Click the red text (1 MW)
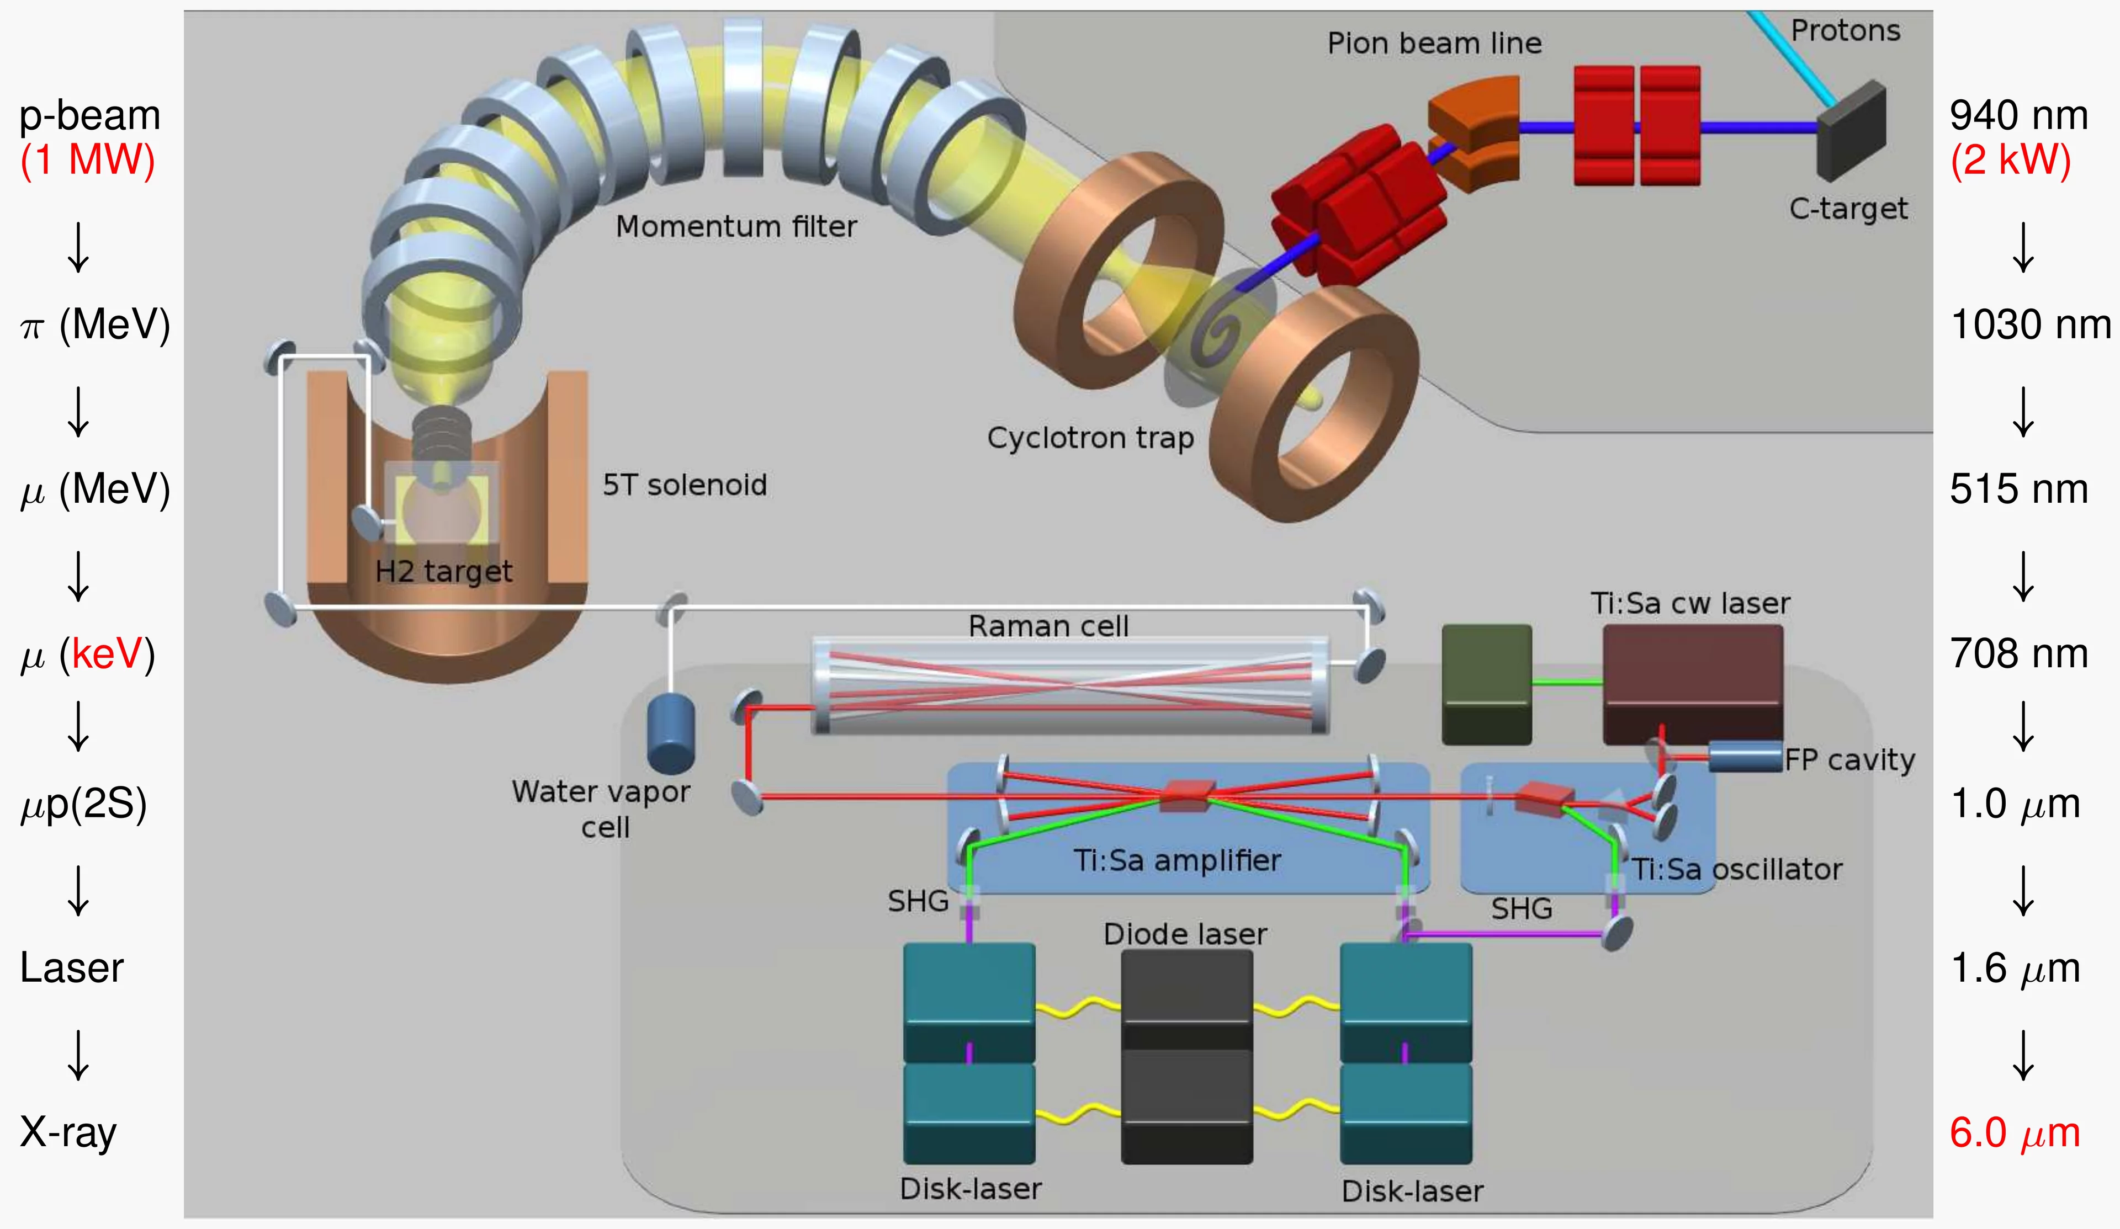click(87, 160)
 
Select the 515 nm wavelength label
click(2018, 489)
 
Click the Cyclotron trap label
click(1090, 438)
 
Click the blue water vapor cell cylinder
click(670, 733)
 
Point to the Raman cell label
click(1048, 626)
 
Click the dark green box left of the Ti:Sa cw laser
click(1487, 683)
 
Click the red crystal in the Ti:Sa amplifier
click(1187, 795)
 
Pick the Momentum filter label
click(736, 226)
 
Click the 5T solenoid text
click(685, 486)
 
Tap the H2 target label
click(443, 571)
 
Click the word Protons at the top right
click(1845, 30)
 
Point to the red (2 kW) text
click(2011, 160)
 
